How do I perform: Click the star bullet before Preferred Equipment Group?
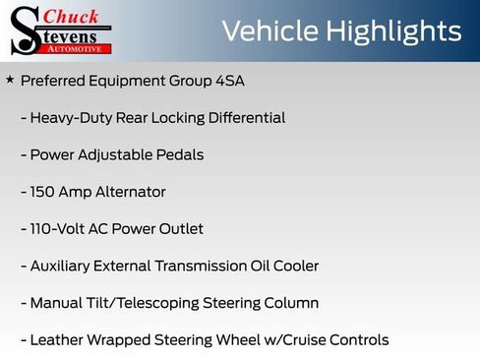pos(10,79)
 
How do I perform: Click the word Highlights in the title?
pos(390,30)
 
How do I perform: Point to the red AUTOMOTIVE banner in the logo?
pos(76,48)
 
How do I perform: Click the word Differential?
pos(240,118)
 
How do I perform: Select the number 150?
pos(45,192)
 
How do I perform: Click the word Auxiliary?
pos(62,267)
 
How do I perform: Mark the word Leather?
pos(56,340)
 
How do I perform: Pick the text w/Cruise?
pos(293,340)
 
